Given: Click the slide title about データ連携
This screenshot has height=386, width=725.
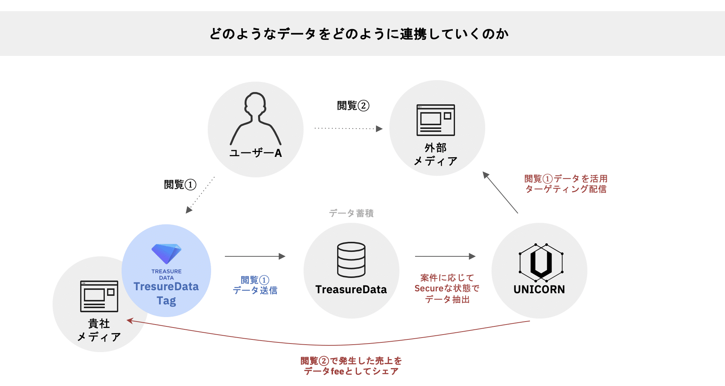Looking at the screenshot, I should pyautogui.click(x=359, y=34).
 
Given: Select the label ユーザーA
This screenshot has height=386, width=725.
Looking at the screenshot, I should pyautogui.click(x=255, y=153).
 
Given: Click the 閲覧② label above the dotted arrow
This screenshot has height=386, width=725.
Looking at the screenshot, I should pyautogui.click(x=353, y=106).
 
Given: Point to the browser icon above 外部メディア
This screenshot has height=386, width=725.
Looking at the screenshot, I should pyautogui.click(x=436, y=120).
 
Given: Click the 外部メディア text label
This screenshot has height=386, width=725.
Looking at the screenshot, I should pyautogui.click(x=436, y=155).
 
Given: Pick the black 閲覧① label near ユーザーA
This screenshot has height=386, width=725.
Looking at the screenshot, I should pyautogui.click(x=180, y=184).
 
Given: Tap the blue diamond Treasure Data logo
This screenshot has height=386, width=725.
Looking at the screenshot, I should pyautogui.click(x=166, y=253).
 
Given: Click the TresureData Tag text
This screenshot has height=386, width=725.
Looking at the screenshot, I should pyautogui.click(x=166, y=293).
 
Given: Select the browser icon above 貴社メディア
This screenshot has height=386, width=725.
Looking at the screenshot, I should pyautogui.click(x=99, y=296).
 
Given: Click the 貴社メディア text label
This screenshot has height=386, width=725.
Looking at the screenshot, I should pyautogui.click(x=99, y=330).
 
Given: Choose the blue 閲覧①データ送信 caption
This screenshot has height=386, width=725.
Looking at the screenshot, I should pyautogui.click(x=255, y=285).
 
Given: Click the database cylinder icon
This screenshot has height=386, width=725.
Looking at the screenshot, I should pyautogui.click(x=351, y=260).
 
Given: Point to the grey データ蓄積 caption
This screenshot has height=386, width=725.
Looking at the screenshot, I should pyautogui.click(x=351, y=213).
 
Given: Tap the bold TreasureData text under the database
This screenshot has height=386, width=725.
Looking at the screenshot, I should pyautogui.click(x=351, y=289).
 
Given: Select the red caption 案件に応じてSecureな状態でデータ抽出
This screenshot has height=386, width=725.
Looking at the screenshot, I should pyautogui.click(x=447, y=288).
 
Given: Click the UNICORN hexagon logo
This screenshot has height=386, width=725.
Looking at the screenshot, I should pyautogui.click(x=541, y=262).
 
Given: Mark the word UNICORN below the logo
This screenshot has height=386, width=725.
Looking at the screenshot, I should pyautogui.click(x=539, y=289).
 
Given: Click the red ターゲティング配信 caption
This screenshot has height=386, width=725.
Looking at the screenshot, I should pyautogui.click(x=566, y=184).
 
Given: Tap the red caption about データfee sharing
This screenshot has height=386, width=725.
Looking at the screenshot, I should pyautogui.click(x=351, y=366).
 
